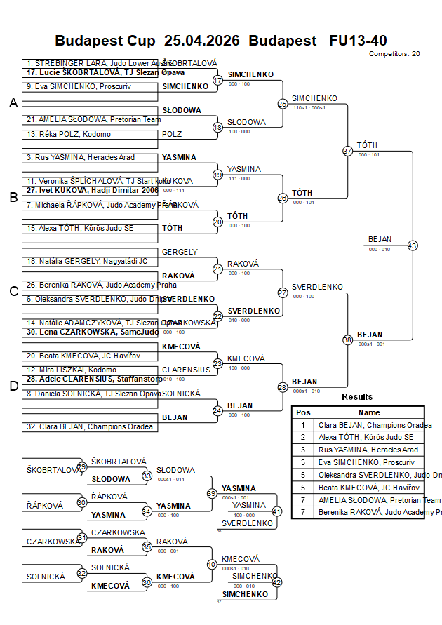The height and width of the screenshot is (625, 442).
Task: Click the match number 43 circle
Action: click(x=413, y=246)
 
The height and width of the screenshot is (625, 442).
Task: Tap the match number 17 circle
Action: click(x=217, y=81)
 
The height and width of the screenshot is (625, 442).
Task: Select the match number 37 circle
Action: click(x=347, y=151)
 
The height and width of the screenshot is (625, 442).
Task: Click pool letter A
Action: click(x=13, y=103)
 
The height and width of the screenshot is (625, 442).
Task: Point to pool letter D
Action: click(x=13, y=386)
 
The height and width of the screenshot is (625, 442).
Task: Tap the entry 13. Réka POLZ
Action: click(x=70, y=134)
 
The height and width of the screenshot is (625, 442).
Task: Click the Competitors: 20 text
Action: click(x=394, y=53)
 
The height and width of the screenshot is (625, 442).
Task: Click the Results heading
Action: click(x=358, y=397)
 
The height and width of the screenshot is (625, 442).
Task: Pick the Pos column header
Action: click(x=303, y=412)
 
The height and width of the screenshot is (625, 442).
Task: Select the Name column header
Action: click(x=369, y=412)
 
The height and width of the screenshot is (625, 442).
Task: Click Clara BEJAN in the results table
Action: click(x=373, y=425)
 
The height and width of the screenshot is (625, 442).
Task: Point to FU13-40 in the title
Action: click(x=358, y=40)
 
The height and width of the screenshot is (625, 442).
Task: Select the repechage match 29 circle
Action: click(x=82, y=466)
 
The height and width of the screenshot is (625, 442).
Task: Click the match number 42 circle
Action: click(x=276, y=582)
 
